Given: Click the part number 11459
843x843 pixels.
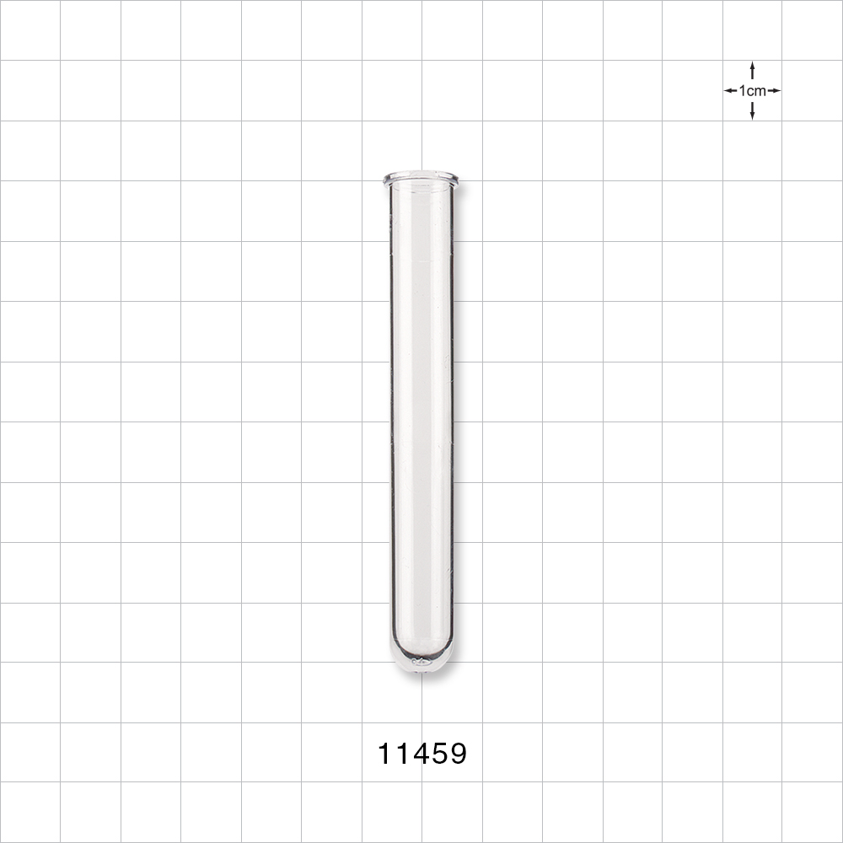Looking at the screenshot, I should coord(421,754).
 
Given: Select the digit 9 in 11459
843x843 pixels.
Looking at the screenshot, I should coord(456,754).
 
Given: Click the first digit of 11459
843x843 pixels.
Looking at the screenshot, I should coord(385,754).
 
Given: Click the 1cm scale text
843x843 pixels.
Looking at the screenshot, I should coord(752,90).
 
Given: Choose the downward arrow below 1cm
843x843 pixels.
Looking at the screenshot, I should coord(752,111).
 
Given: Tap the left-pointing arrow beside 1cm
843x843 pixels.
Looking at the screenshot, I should coord(730,90).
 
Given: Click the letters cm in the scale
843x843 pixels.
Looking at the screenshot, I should coord(756,90).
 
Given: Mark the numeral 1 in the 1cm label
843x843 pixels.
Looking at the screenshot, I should coord(742,90).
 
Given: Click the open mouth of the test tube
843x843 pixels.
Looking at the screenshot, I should coord(421,179).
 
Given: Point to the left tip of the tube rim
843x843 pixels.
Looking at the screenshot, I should coord(385,179).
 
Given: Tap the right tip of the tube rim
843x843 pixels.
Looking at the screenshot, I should coord(458,179).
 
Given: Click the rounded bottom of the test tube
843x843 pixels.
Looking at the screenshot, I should coord(421,662).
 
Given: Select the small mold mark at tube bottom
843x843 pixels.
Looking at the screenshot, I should coord(420,663).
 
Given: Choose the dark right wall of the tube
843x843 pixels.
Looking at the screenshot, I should coord(452,421).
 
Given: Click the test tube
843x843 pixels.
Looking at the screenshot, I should coord(421,421).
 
